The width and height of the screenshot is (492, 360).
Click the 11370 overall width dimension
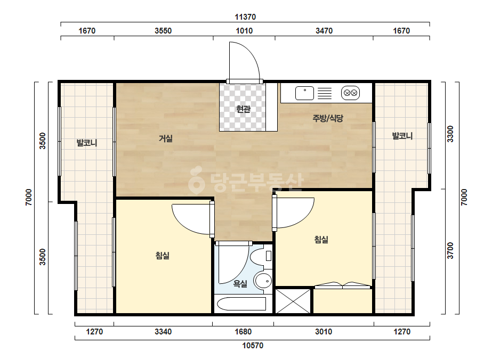coord(245,17)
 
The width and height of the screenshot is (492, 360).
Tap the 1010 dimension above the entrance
coord(244,31)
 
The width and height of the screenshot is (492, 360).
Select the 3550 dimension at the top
coord(163,31)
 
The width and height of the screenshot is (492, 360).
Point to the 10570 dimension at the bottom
coord(253,346)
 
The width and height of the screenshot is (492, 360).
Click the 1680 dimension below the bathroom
coord(243,332)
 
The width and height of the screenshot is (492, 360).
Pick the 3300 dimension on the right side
coord(450,134)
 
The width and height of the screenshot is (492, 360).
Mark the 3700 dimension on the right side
coord(450,250)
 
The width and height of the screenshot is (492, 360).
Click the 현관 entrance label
coord(243,109)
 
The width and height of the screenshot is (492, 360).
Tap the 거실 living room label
coord(166,138)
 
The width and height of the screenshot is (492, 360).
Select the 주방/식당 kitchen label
coord(328,118)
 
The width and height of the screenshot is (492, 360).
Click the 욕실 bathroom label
coord(240,284)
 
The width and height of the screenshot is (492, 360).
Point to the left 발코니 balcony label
coord(87,143)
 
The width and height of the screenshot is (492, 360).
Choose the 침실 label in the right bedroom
coord(321,240)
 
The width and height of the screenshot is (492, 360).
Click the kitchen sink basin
coord(305,93)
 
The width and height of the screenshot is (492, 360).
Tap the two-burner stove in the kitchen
coord(350,93)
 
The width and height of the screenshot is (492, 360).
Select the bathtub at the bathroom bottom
coord(241,304)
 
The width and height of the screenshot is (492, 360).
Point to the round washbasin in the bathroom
coord(263,281)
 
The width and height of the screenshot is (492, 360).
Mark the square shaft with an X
coord(293,301)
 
